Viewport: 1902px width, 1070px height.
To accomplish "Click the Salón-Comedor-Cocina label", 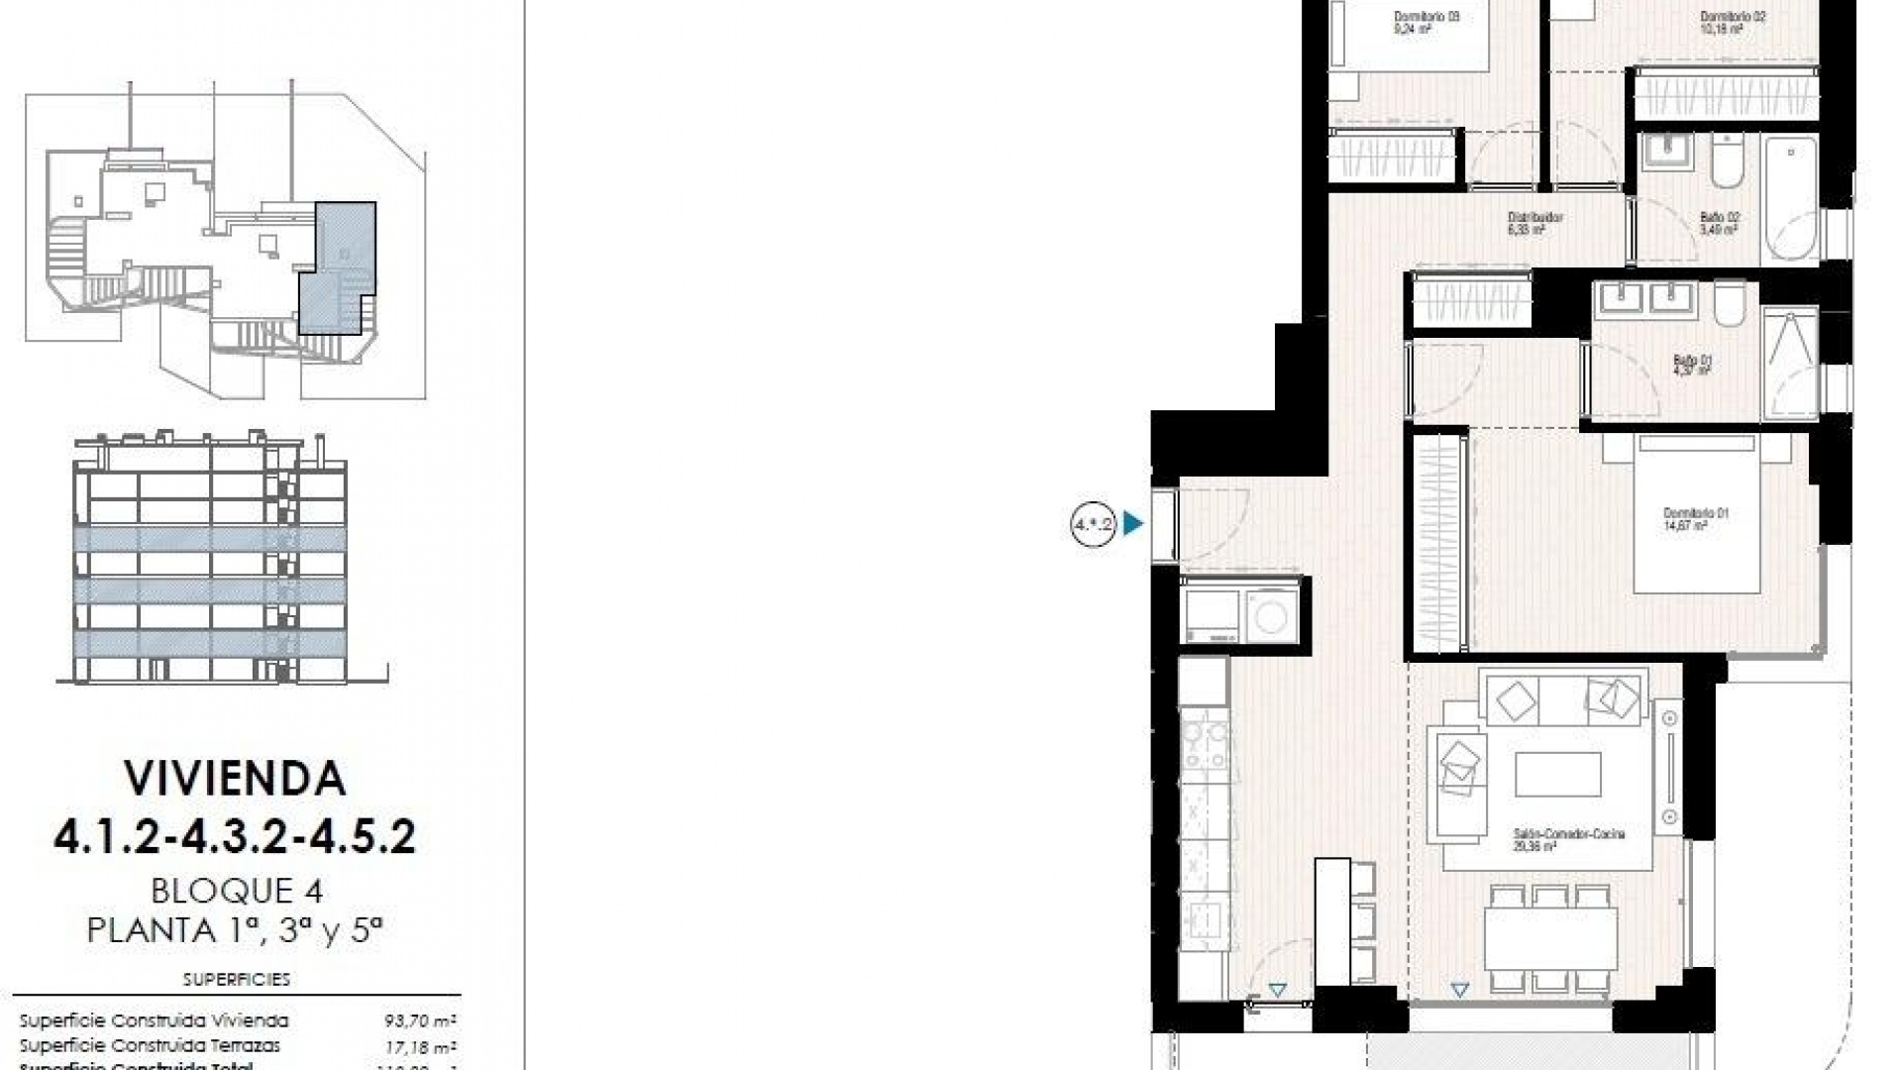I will (x=1568, y=840).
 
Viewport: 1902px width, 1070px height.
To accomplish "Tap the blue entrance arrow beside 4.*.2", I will (x=1133, y=523).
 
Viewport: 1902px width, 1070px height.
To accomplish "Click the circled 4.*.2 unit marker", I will (x=1094, y=523).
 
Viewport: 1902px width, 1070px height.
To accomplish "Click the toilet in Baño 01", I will (x=1730, y=303).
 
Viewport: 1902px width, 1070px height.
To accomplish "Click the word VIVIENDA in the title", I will (x=235, y=780).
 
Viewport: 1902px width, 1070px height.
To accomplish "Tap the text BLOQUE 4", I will (x=237, y=892).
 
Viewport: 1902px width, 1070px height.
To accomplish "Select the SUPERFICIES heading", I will (x=237, y=980).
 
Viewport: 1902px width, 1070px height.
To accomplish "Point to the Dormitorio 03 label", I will (x=1413, y=22).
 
